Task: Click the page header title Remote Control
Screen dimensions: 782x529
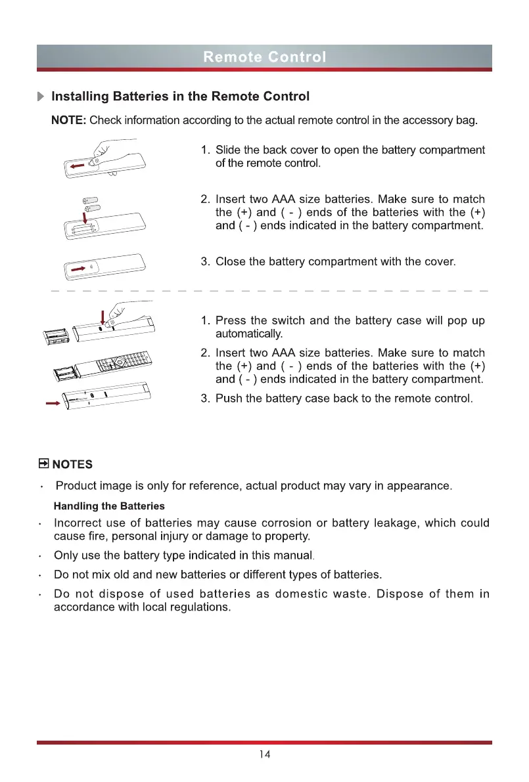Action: [264, 56]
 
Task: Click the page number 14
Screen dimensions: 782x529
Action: [264, 754]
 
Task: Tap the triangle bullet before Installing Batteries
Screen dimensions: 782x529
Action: [41, 97]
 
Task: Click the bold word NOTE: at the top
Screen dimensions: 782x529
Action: [69, 121]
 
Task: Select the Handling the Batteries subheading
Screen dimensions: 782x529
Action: [109, 506]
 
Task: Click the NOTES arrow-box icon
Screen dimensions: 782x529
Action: [44, 464]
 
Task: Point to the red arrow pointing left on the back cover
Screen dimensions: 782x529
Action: [78, 167]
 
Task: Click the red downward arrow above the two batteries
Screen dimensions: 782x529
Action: [85, 217]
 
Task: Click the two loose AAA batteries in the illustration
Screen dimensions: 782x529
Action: [90, 204]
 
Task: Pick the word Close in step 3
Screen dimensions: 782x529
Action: [231, 262]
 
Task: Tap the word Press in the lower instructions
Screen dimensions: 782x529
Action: [231, 321]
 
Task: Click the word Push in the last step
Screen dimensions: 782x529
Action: [229, 399]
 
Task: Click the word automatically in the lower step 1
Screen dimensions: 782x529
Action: [246, 334]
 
